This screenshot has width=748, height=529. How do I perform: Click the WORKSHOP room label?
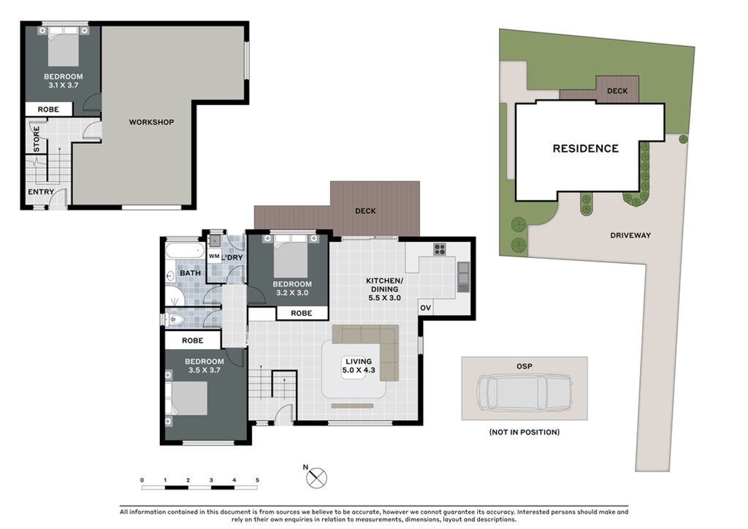[x=151, y=122]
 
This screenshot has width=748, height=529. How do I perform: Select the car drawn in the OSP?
[x=524, y=392]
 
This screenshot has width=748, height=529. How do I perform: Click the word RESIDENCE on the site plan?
[x=585, y=148]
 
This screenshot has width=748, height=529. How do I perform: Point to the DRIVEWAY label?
[x=630, y=235]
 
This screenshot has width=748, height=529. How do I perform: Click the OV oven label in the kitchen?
[x=426, y=308]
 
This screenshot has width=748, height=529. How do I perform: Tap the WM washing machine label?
[x=214, y=256]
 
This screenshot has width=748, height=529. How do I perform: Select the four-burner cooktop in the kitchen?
[x=439, y=249]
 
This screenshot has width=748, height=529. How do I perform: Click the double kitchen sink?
[x=463, y=277]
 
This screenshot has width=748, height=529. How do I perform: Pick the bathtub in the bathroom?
[x=185, y=251]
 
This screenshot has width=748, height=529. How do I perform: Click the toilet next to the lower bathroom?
[x=175, y=319]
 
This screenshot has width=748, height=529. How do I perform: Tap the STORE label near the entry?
[x=37, y=140]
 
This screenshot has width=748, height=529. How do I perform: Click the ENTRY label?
[x=41, y=191]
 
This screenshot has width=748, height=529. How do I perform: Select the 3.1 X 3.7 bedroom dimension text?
[x=64, y=85]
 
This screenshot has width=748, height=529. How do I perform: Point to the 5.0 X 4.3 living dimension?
[x=359, y=370]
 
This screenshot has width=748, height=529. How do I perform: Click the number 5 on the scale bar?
[x=257, y=480]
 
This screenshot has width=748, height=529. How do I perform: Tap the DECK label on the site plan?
[x=617, y=91]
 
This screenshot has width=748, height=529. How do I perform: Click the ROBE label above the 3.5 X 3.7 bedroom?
[x=193, y=340]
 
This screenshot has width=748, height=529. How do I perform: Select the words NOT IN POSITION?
[x=524, y=432]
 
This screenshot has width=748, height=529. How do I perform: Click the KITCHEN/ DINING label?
[x=384, y=285]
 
